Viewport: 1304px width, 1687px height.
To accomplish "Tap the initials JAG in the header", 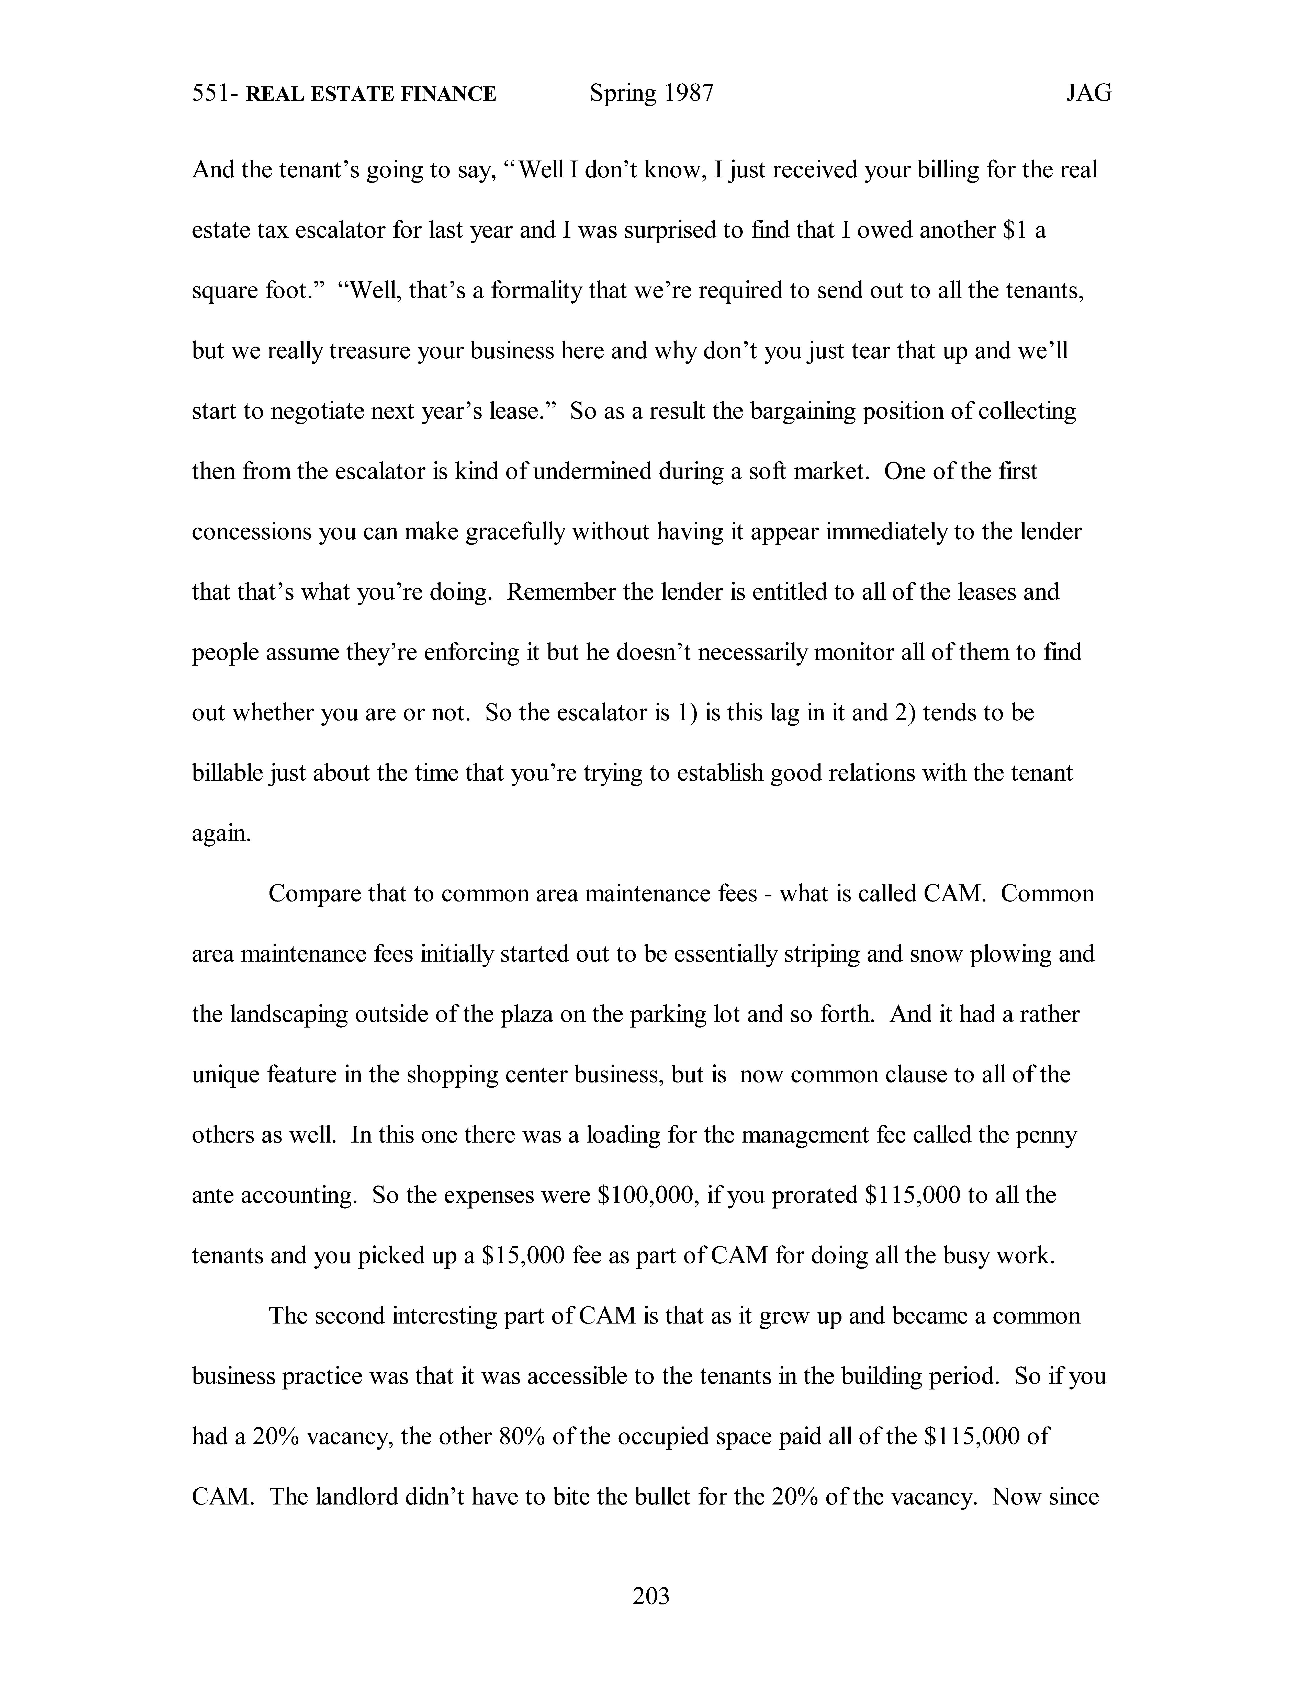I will (1088, 94).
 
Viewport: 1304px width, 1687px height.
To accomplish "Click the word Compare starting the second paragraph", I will (314, 894).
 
